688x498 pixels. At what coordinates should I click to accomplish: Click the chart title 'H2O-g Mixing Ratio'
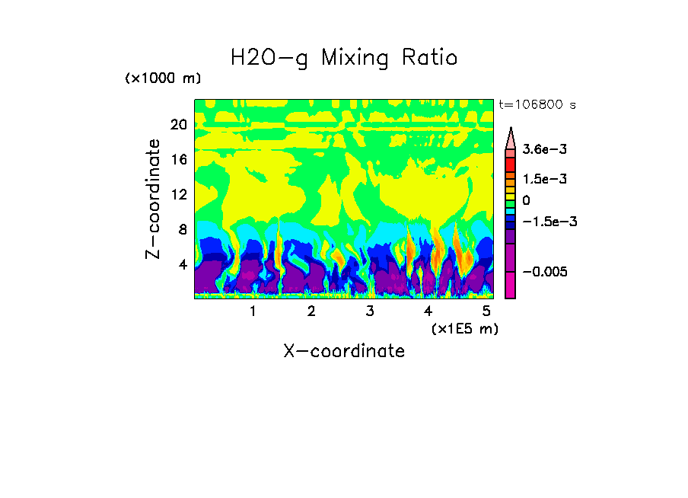[344, 58]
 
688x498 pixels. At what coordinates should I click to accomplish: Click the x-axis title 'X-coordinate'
[344, 351]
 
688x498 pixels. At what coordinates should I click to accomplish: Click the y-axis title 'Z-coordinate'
[154, 199]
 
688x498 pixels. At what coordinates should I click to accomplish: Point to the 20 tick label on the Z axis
[178, 125]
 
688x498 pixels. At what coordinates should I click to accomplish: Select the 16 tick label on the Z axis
[178, 160]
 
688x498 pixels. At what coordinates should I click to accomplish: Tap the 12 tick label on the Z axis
[178, 195]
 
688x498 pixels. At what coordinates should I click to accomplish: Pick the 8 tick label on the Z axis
[182, 230]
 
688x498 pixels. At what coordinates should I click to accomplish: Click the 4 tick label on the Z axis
[182, 265]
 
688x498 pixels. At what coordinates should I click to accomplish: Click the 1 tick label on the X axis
[253, 311]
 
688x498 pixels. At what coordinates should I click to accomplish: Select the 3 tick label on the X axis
[370, 311]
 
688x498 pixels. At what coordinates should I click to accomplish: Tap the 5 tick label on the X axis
[486, 311]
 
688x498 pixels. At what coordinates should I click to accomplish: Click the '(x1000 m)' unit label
[163, 78]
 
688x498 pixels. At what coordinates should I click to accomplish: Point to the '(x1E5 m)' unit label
[464, 328]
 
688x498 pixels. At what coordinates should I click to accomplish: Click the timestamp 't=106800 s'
[537, 104]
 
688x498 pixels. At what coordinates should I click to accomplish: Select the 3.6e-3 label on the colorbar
[540, 151]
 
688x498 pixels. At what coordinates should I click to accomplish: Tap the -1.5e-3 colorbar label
[544, 222]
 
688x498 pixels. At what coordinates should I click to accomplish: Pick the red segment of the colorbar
[511, 164]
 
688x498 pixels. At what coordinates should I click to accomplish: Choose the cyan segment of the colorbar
[511, 211]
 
